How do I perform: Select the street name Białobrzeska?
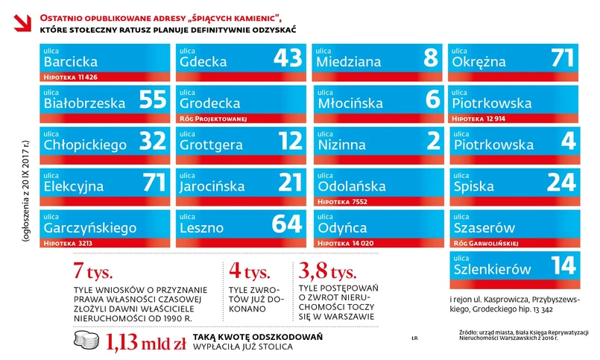[x=84, y=104]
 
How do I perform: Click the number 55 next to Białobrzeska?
[x=152, y=101]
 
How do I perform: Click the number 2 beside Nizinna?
[x=432, y=142]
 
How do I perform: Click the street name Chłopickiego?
[x=86, y=145]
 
